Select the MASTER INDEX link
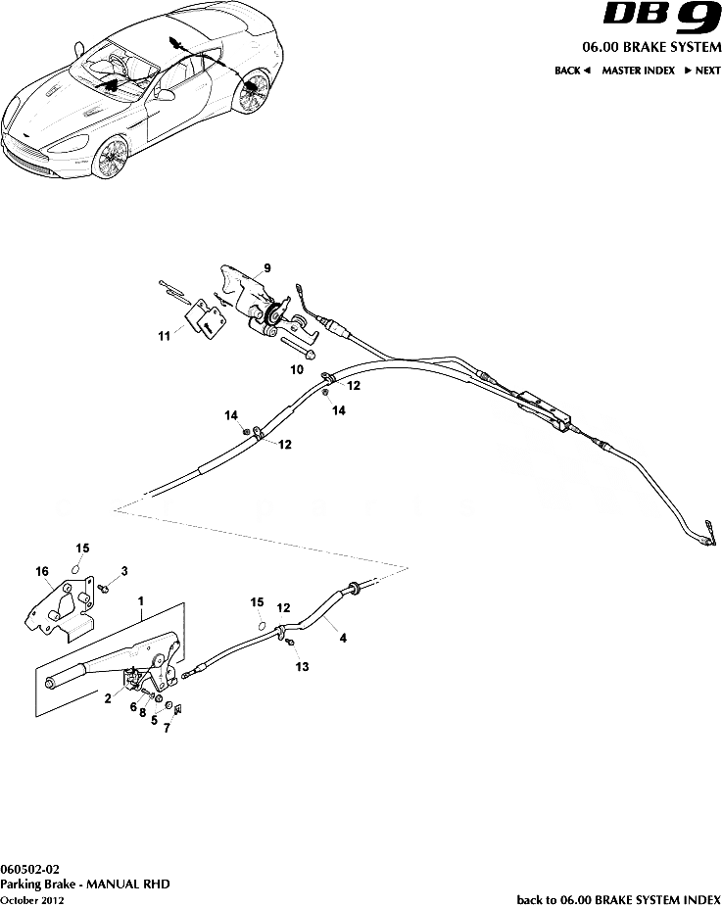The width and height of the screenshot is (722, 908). click(638, 71)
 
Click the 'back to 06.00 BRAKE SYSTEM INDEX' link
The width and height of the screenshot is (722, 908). click(618, 898)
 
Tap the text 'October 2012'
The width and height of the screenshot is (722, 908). click(32, 898)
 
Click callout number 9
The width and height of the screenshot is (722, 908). click(266, 267)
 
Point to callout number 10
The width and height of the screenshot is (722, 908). click(296, 370)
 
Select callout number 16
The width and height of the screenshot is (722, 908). click(42, 570)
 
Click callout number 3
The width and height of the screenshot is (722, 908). click(124, 570)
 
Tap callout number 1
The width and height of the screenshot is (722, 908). click(141, 598)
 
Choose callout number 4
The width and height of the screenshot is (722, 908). click(342, 638)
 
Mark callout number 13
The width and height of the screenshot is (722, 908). click(302, 667)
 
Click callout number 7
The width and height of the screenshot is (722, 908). click(167, 729)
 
